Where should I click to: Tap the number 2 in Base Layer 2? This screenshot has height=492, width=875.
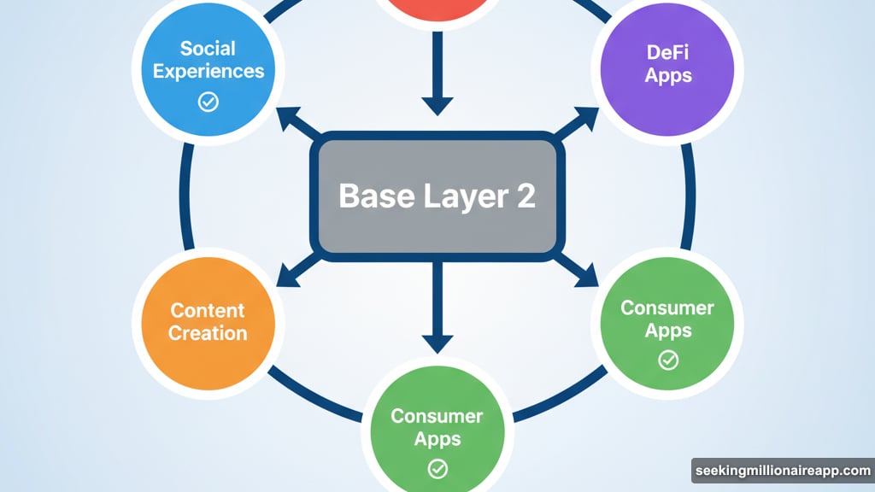pos(523,196)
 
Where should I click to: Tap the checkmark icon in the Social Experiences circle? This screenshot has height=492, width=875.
pos(208,102)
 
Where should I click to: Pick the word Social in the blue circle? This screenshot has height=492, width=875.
pos(208,50)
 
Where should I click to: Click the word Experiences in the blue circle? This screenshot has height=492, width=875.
pos(208,71)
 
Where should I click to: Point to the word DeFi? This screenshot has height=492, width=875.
pos(668,53)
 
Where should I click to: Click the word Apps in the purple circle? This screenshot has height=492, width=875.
pos(668,76)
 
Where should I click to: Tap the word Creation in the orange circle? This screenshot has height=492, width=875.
pos(208,332)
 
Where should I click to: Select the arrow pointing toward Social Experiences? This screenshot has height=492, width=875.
pos(300,124)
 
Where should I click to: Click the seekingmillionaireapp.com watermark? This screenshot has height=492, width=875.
pos(782,471)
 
